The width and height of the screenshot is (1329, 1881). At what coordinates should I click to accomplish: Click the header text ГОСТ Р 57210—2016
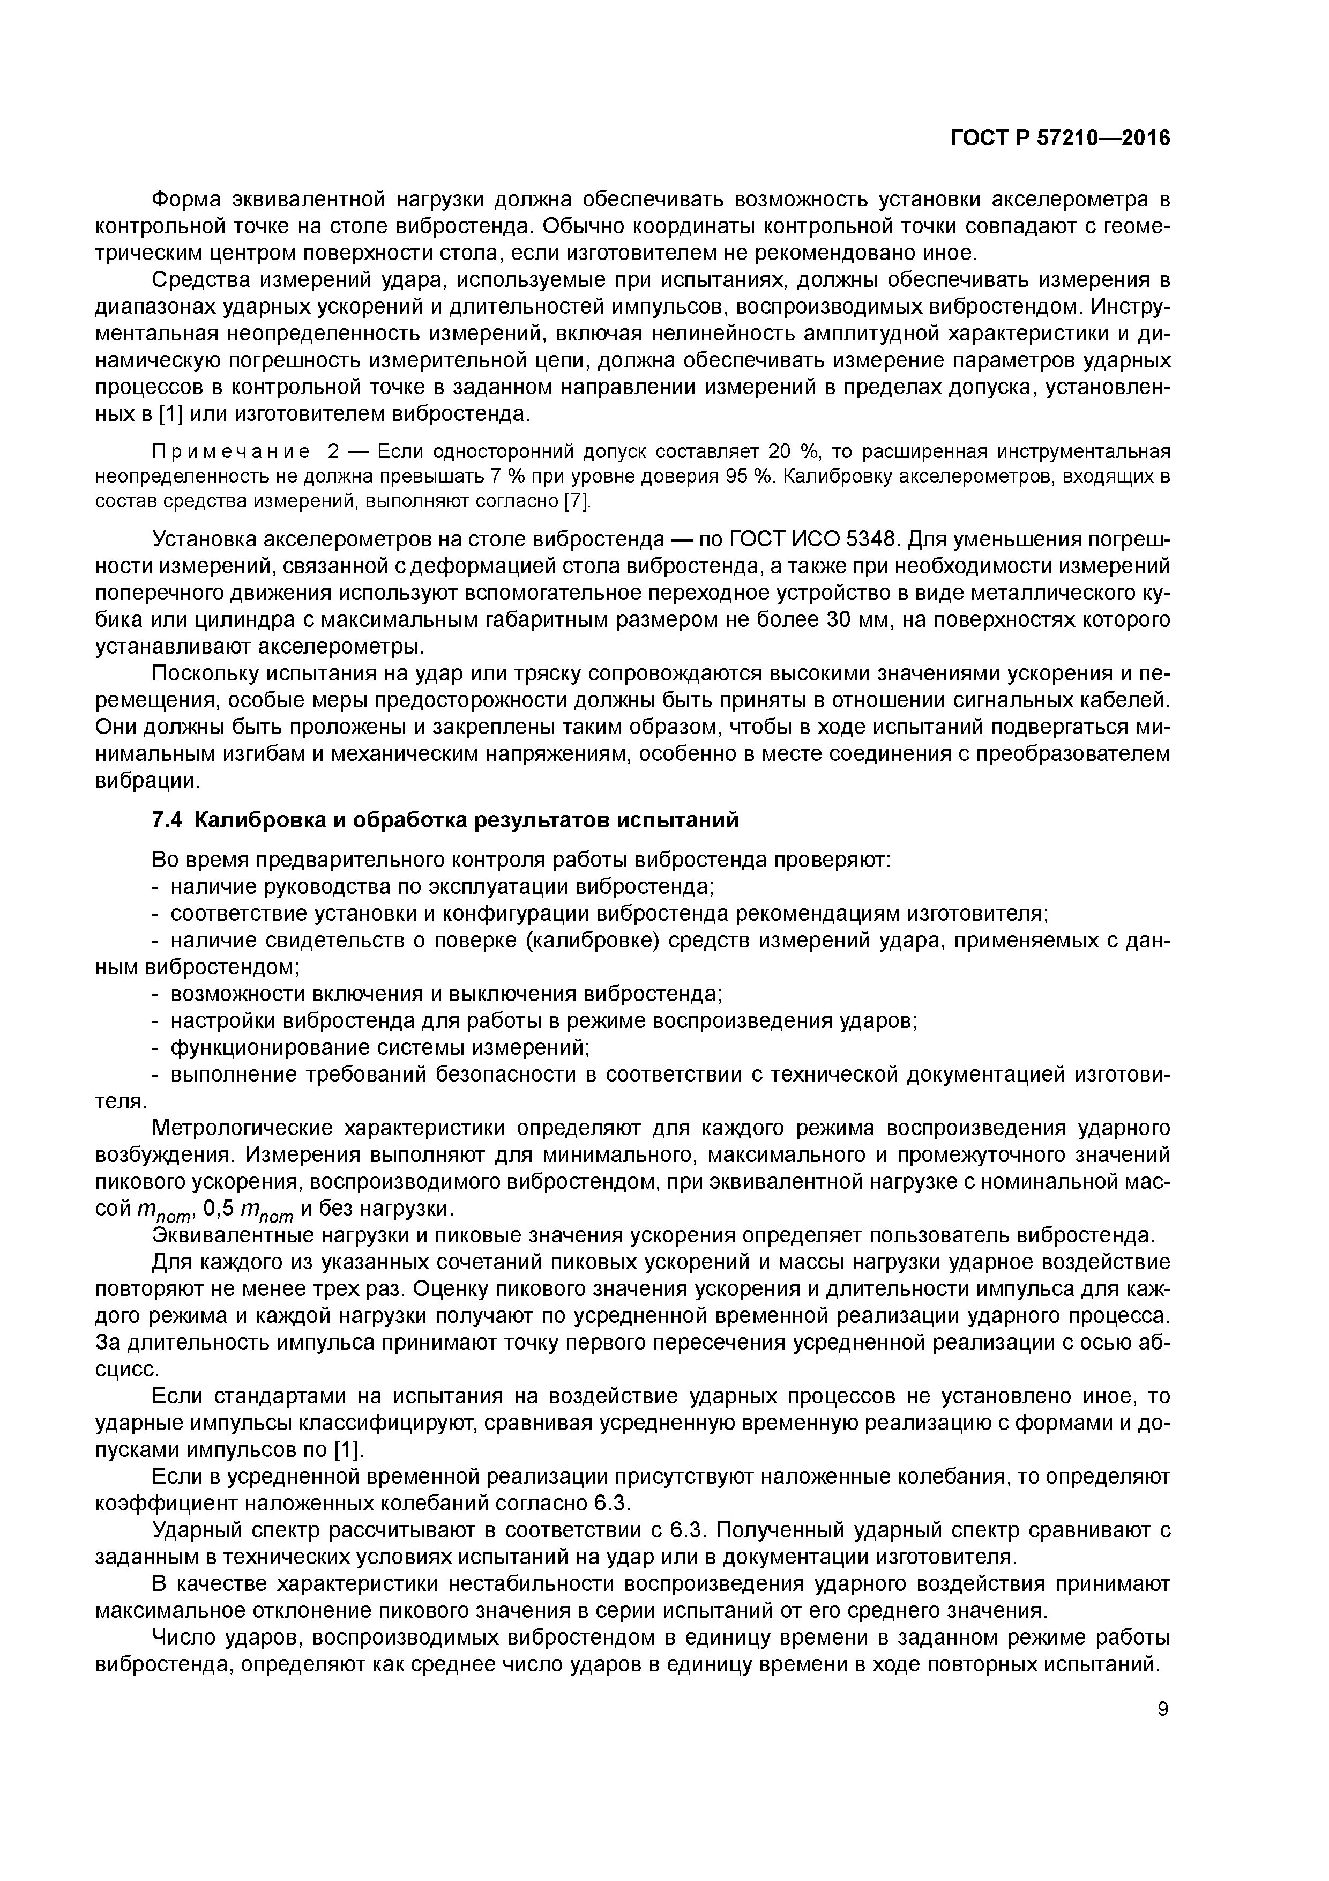click(x=1059, y=138)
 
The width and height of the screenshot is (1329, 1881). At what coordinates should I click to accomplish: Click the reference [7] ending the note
click(x=577, y=501)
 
